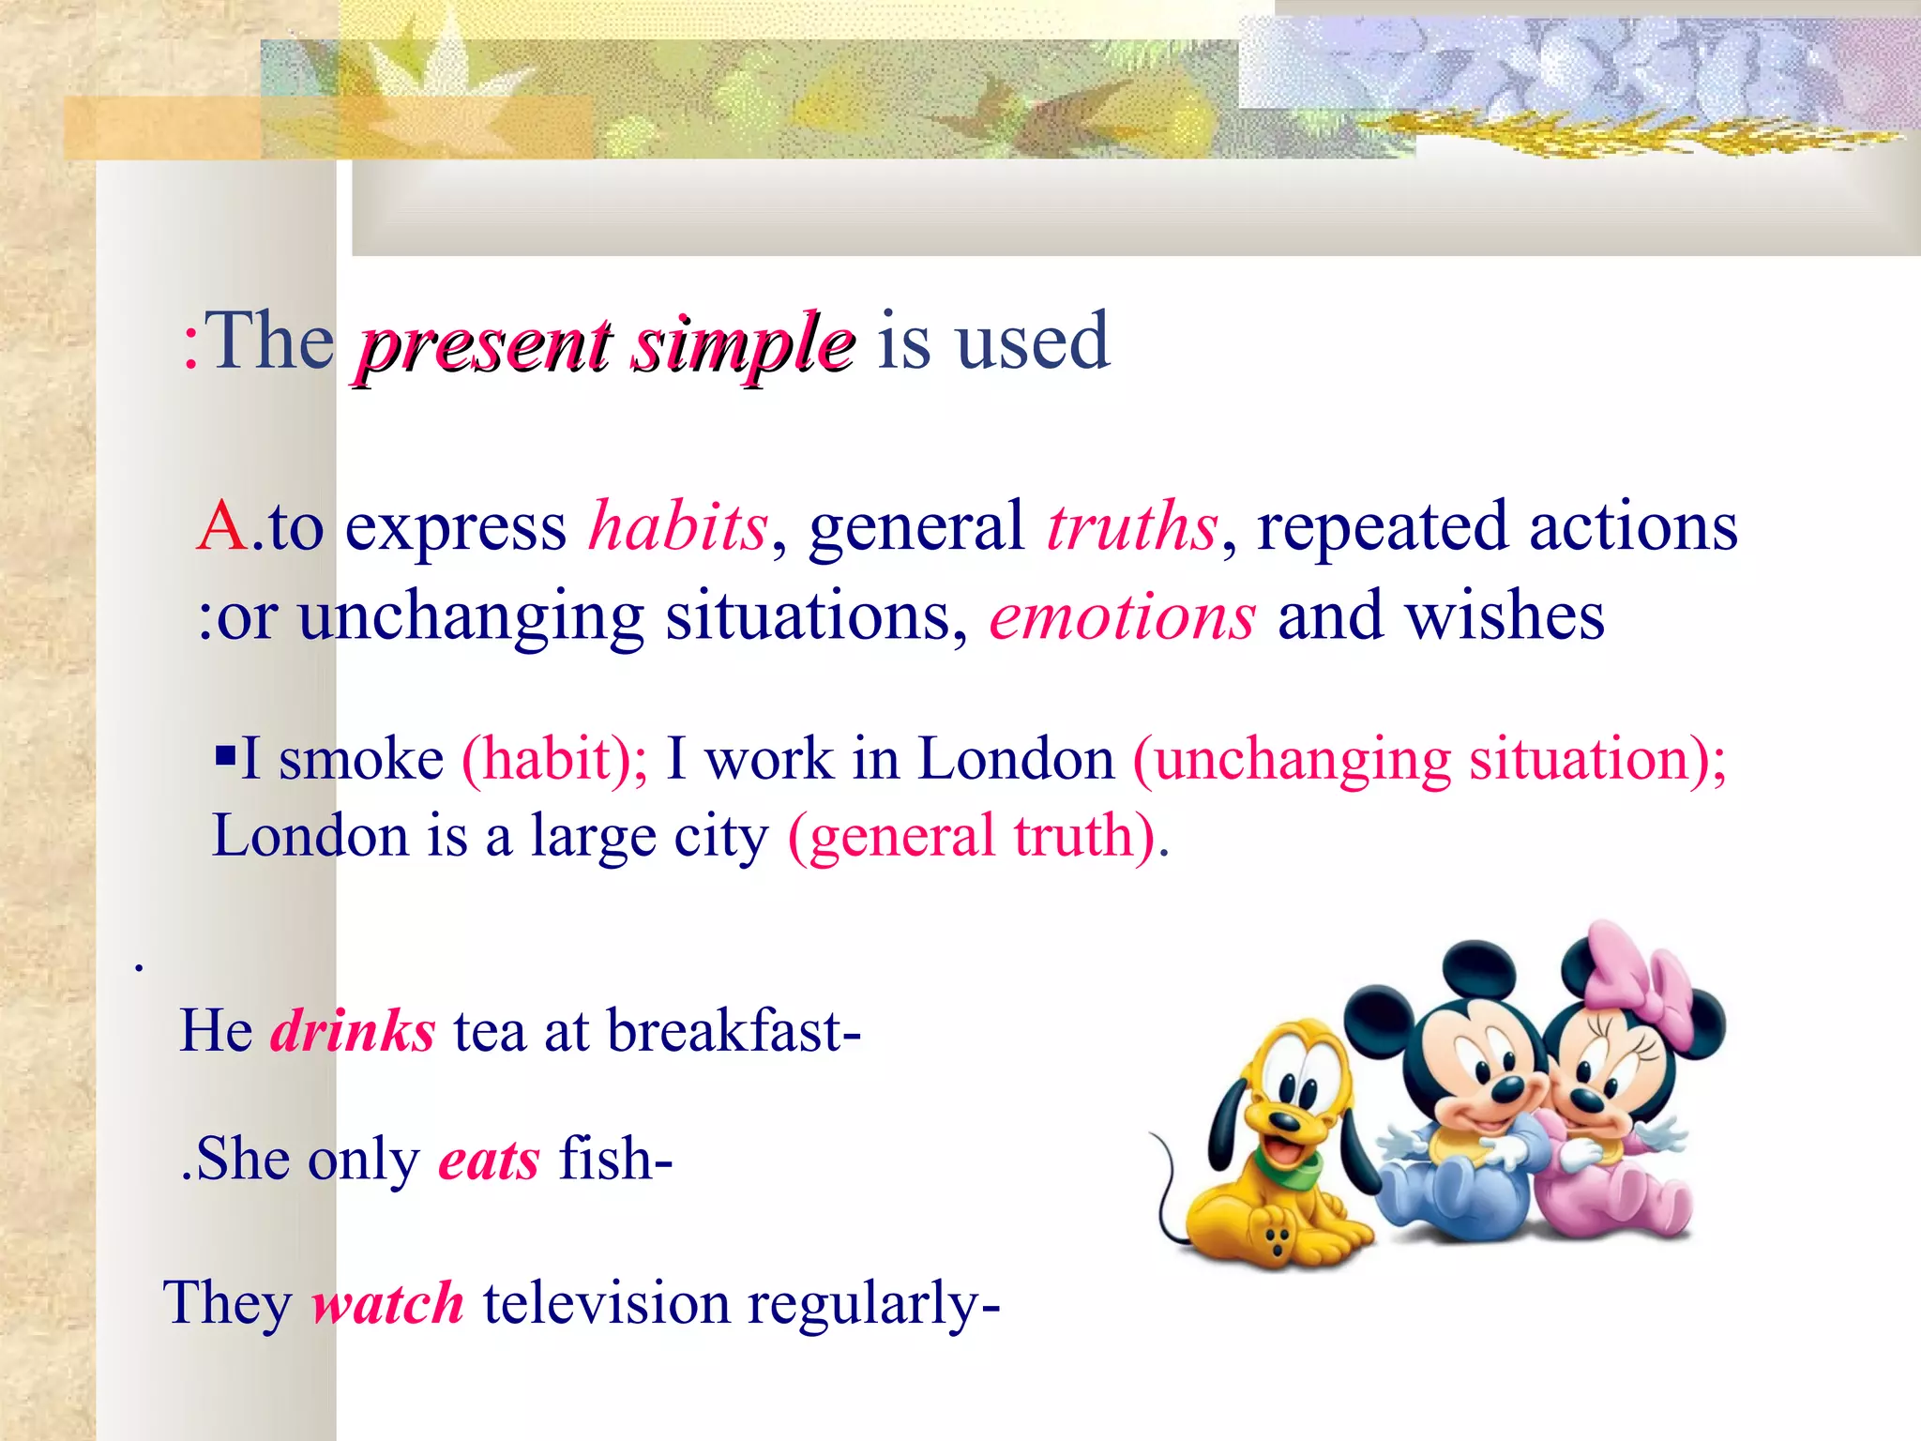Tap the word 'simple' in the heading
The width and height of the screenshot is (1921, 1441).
[x=741, y=344]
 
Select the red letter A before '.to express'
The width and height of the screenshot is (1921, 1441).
[x=222, y=527]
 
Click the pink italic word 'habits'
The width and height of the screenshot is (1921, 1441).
[x=678, y=526]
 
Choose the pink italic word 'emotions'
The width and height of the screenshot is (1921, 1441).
[x=1122, y=618]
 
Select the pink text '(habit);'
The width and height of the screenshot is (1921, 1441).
[x=554, y=759]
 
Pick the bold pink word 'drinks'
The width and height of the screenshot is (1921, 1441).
[x=353, y=1031]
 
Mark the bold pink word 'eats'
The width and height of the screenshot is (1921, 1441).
[x=489, y=1160]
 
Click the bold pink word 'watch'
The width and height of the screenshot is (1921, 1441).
[x=387, y=1304]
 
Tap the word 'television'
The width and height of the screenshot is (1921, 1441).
[x=606, y=1304]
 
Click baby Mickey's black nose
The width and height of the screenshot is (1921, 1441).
[x=1507, y=1089]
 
